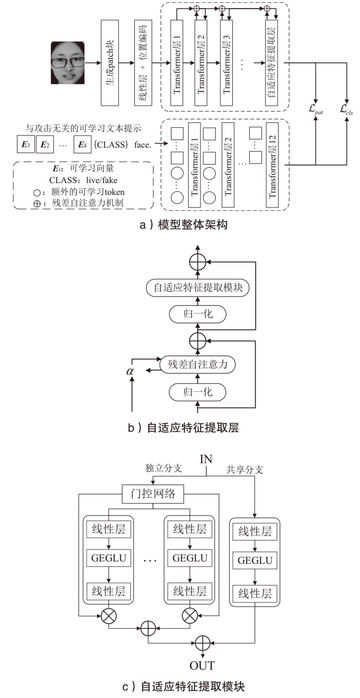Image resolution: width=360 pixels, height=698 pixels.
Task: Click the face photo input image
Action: [x=68, y=63]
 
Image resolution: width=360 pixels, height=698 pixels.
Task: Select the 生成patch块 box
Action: [x=110, y=63]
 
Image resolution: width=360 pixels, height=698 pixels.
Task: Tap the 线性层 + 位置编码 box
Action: [x=142, y=63]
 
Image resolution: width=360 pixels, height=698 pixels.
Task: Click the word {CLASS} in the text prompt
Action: [x=111, y=143]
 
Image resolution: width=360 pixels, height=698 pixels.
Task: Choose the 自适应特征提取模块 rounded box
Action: [x=198, y=288]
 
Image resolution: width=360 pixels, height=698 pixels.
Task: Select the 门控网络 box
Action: [x=153, y=494]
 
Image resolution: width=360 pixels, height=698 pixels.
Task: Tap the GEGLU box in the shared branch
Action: [x=255, y=560]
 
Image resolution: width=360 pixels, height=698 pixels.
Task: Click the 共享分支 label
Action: [x=245, y=470]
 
